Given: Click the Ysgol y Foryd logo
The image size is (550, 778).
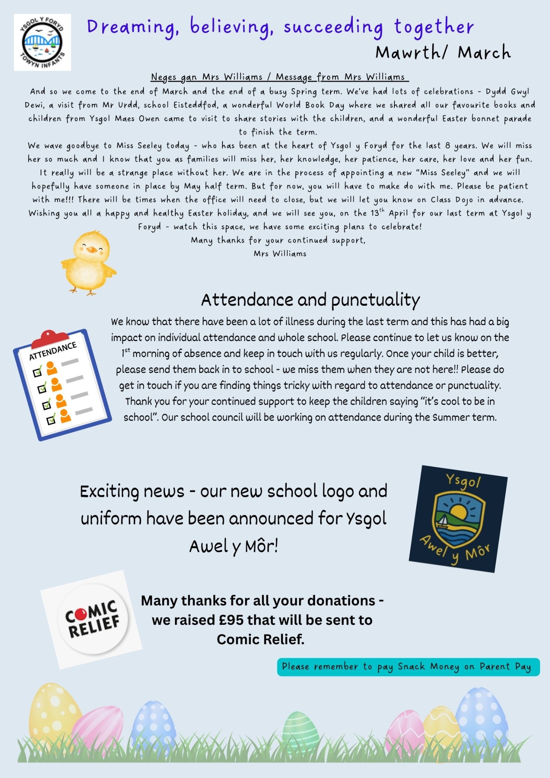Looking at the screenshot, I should click(42, 42).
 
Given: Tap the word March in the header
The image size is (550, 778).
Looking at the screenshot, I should click(484, 53).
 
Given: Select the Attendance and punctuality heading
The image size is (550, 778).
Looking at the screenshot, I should click(310, 300).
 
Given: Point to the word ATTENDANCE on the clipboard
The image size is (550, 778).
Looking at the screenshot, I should click(53, 351).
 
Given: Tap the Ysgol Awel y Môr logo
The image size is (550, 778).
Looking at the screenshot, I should click(458, 519).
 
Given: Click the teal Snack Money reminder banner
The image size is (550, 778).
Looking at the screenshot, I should click(408, 667).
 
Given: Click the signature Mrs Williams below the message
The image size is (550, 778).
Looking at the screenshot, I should click(280, 254).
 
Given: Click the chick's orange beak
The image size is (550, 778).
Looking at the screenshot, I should click(92, 249).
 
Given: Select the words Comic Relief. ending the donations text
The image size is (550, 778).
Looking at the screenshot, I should click(260, 639).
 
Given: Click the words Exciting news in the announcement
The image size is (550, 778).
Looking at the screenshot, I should click(132, 491).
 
